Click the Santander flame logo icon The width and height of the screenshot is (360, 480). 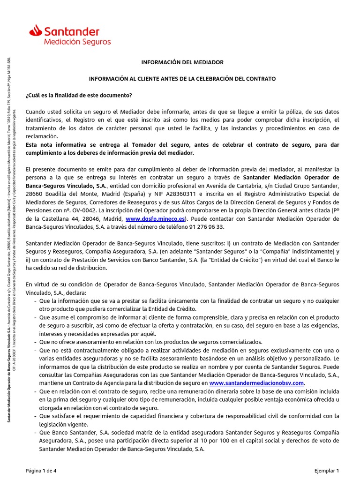[x=36, y=31]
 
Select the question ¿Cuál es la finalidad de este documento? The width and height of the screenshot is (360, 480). [x=79, y=95]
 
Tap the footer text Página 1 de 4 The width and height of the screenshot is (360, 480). [x=42, y=470]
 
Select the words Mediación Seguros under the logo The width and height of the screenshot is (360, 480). [x=77, y=42]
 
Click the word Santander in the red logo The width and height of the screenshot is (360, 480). [x=72, y=32]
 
